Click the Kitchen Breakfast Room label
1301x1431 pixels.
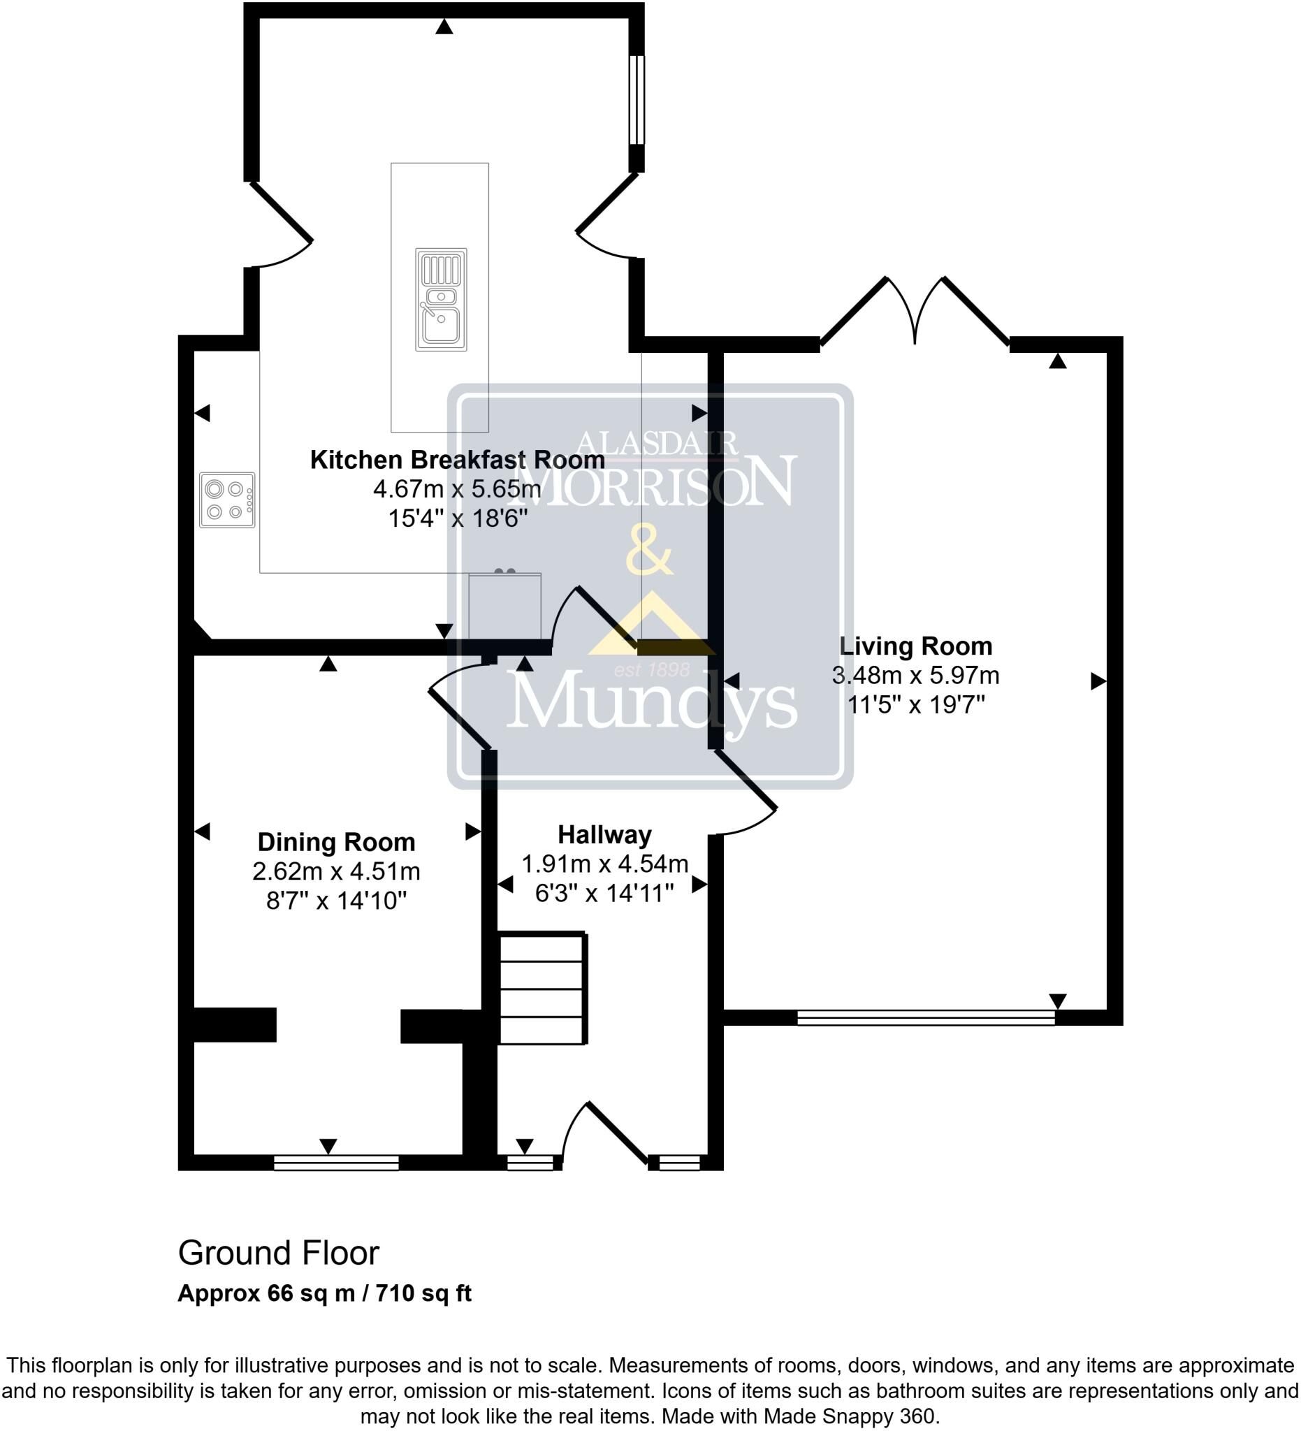(457, 460)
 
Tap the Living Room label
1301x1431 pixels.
(915, 646)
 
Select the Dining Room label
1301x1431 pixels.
(335, 842)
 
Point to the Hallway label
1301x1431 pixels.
(604, 834)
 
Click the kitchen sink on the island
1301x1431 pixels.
(441, 300)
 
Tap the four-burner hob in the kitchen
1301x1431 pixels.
(226, 500)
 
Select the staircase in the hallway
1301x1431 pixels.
(543, 989)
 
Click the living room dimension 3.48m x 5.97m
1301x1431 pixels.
(915, 675)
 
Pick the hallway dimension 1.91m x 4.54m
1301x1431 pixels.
(604, 863)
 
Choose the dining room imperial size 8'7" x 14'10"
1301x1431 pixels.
(335, 901)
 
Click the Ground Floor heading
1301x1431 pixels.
(278, 1254)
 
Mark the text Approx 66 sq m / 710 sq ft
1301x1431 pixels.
(324, 1293)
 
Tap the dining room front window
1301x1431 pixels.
(335, 1162)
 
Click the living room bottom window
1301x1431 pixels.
(926, 1018)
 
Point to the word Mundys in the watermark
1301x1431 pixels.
(652, 702)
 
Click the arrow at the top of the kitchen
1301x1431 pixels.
(444, 27)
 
